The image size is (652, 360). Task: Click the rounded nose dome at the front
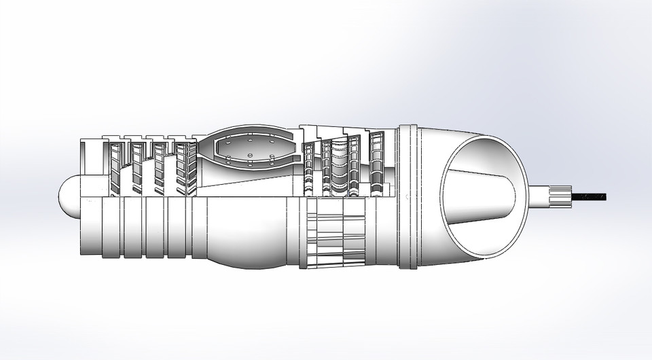point(67,197)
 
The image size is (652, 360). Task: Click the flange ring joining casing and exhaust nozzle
point(407,197)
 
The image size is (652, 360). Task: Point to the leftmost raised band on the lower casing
point(112,228)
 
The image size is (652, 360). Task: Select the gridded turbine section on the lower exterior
point(336,234)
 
